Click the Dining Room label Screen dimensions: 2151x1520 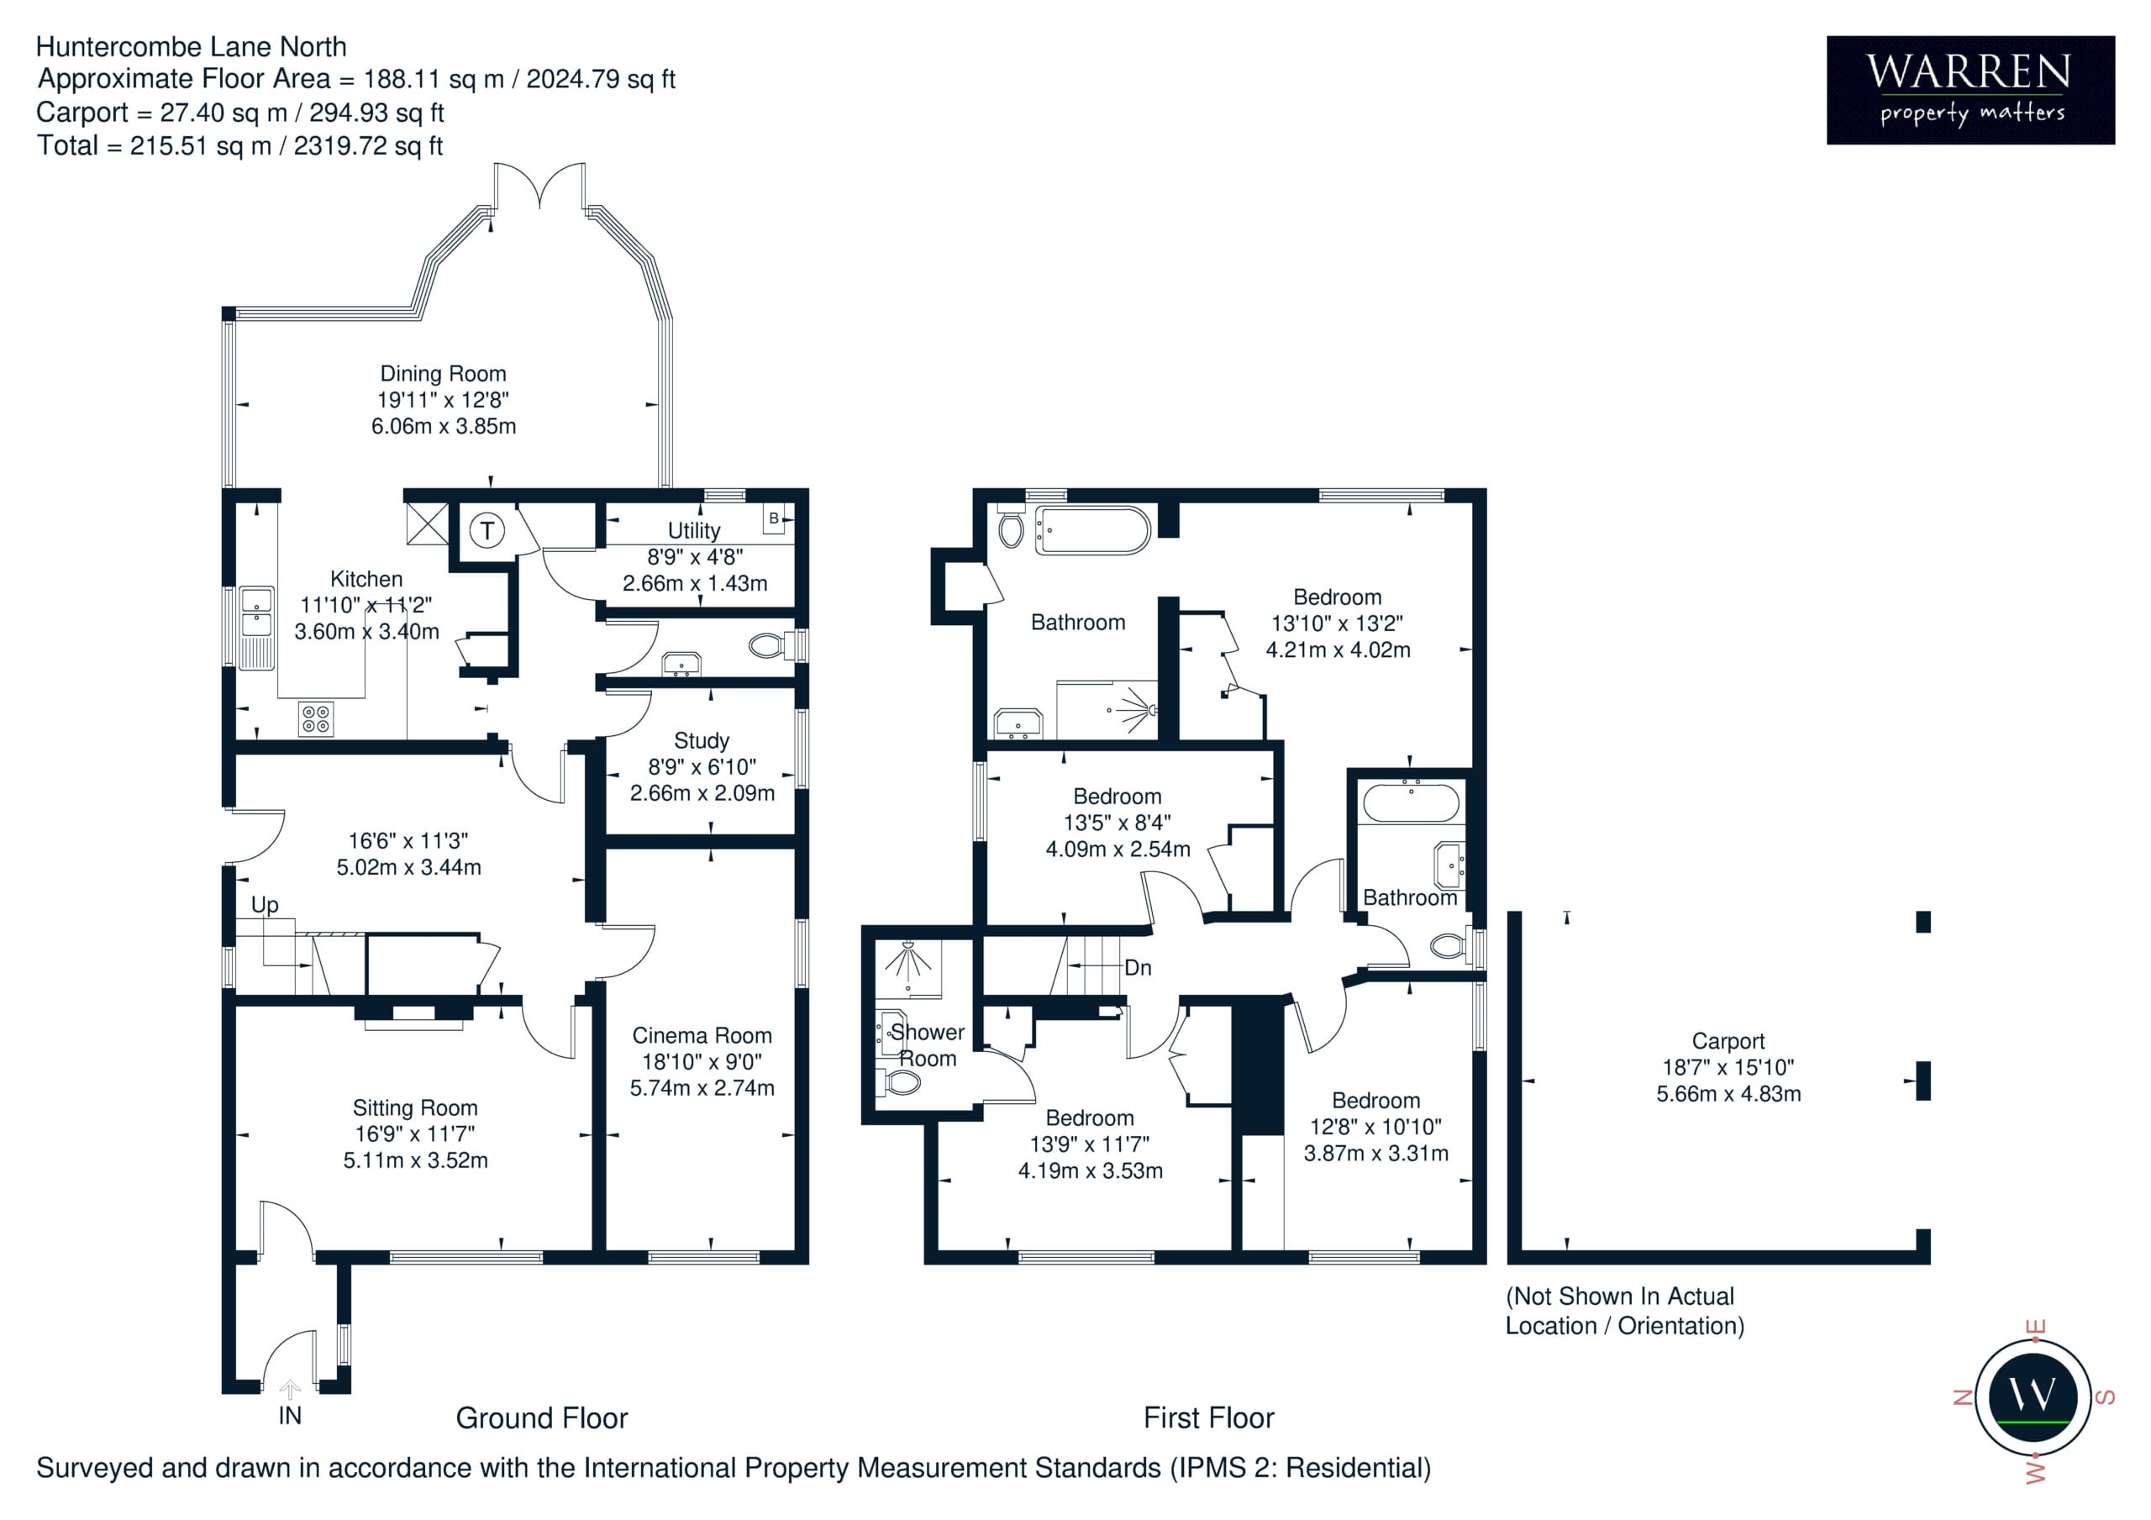(442, 374)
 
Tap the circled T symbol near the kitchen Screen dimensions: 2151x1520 (486, 531)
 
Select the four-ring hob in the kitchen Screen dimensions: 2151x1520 (316, 718)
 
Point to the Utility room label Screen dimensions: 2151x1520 (693, 530)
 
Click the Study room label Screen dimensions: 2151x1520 (701, 741)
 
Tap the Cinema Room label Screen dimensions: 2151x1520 (702, 1035)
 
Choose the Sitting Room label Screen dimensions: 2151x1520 (415, 1108)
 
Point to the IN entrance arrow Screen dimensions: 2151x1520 (291, 1389)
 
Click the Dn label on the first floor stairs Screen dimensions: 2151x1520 (1138, 968)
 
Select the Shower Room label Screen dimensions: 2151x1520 (928, 1046)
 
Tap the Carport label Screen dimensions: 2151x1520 (1728, 1041)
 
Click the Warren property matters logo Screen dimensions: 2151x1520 (1970, 90)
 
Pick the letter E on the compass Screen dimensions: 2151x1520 (2034, 1328)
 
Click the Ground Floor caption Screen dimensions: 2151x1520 (541, 1417)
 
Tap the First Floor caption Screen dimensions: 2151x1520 (1208, 1417)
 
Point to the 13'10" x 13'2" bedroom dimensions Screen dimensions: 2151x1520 (1337, 623)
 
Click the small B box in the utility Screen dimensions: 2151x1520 (774, 518)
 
